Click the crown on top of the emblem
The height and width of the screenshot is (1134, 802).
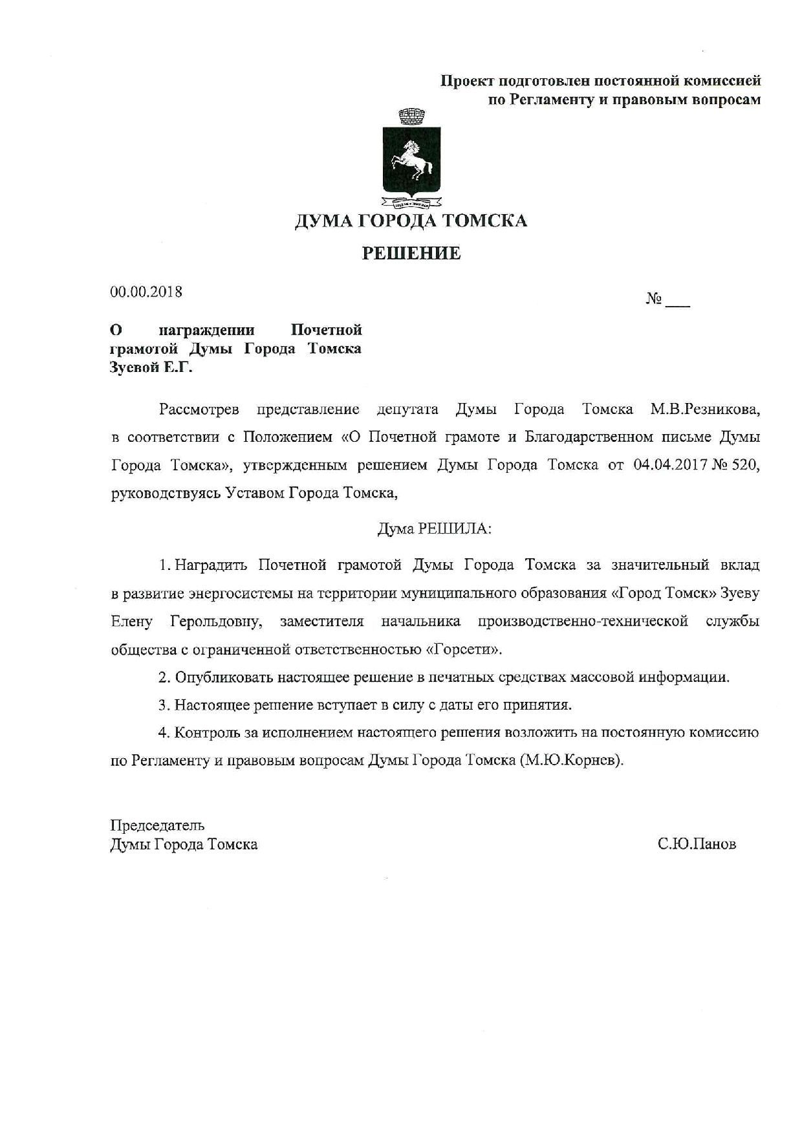coord(411,116)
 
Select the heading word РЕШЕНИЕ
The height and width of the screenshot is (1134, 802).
coord(411,253)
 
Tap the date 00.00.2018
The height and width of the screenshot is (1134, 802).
coord(146,292)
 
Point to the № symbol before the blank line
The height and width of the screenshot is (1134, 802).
coord(653,299)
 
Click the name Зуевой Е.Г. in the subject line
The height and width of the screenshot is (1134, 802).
coord(152,368)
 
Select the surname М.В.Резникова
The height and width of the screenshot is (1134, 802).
coord(705,409)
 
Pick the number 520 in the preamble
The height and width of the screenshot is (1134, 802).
coord(744,465)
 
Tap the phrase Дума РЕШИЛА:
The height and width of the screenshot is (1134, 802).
coord(435,529)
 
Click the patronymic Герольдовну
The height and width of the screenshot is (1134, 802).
coord(216,622)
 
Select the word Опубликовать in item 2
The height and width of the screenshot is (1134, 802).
coord(224,677)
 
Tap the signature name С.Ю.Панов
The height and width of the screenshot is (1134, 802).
coord(697,844)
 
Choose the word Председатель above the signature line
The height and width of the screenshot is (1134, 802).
coord(157,825)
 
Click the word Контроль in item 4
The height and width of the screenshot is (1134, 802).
coord(206,733)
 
